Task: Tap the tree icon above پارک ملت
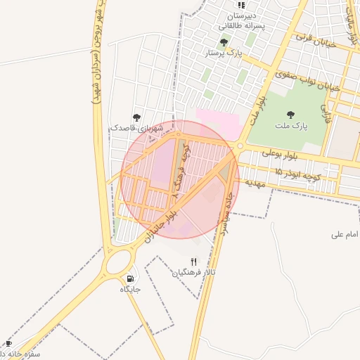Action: [290, 115]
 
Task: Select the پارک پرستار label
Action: [223, 53]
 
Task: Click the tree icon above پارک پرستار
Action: [224, 42]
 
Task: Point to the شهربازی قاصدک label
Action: [141, 129]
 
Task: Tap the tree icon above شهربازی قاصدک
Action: [136, 117]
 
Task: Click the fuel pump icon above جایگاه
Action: [131, 278]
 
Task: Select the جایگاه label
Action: [131, 289]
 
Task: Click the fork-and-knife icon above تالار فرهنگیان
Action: [194, 262]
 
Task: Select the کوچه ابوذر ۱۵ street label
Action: [297, 174]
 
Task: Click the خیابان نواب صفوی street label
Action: [308, 81]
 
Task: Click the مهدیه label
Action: [253, 182]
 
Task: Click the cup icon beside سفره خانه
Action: [9, 343]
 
